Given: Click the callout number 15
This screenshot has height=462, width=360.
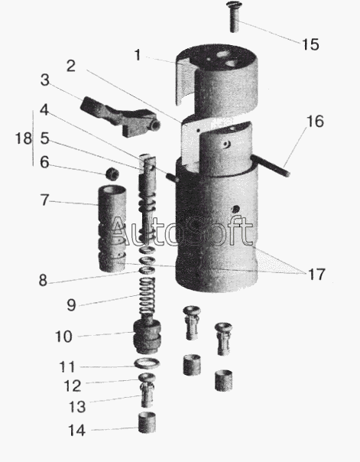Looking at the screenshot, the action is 310,44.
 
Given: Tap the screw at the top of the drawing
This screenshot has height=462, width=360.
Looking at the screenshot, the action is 234,17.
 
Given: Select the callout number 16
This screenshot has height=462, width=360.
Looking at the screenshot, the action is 315,122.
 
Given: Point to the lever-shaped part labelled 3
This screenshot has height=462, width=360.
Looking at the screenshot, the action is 120,115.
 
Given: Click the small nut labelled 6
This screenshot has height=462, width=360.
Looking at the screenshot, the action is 112,173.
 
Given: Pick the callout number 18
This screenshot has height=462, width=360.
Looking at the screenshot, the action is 23,138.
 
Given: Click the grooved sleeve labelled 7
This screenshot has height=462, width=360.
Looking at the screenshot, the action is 112,229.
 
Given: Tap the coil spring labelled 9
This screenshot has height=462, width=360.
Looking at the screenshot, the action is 148,295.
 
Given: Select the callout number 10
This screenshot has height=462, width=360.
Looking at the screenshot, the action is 63,337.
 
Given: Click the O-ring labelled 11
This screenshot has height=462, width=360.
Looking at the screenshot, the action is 147,363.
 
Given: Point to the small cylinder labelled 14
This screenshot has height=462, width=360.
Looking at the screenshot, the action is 147,423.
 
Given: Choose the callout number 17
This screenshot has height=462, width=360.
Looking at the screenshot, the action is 316,275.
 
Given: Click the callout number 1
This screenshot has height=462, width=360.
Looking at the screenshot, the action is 137,55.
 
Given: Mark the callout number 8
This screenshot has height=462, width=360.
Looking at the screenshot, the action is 43,281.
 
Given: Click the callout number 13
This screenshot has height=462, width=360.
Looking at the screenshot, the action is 77,407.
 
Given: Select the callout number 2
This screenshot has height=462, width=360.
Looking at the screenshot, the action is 71,66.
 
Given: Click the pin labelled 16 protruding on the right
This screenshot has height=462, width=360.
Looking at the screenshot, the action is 270,165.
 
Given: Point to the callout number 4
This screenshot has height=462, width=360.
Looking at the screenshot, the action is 44,110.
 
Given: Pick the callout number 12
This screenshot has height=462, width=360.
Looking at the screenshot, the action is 72,386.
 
